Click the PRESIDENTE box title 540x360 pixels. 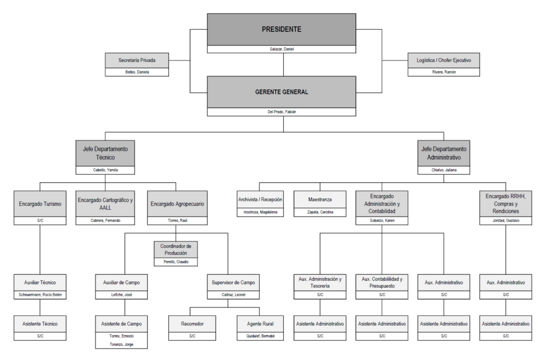coord(282,30)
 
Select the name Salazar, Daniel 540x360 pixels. coord(282,49)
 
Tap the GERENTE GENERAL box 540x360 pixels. coord(282,92)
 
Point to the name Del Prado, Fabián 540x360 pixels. coord(282,112)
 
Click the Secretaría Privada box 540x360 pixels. coord(137,60)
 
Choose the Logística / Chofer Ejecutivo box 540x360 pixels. coord(443,60)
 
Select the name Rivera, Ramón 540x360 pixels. coord(443,72)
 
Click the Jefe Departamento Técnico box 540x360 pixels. coord(105,153)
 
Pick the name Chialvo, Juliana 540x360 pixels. coord(443,170)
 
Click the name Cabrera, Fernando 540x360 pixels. coord(105,220)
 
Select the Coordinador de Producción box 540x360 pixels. coord(176,249)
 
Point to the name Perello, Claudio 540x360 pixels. coord(176,262)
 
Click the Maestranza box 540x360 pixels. coord(320,200)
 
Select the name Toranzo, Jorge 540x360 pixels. coord(121,344)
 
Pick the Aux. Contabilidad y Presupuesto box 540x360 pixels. coord(382,282)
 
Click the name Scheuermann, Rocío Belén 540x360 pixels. coord(40,295)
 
